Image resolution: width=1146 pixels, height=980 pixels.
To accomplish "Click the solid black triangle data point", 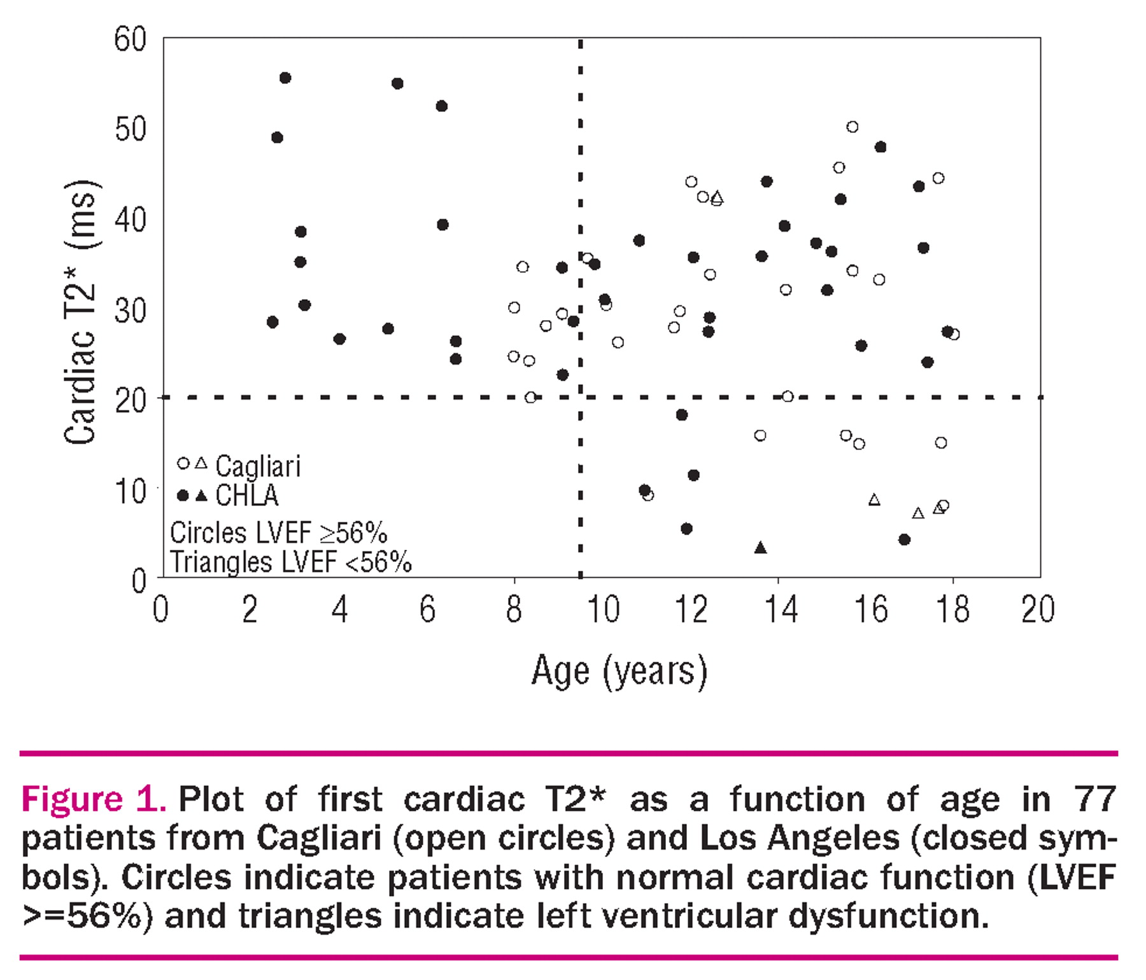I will tap(760, 548).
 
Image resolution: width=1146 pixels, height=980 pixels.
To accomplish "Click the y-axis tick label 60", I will tap(131, 39).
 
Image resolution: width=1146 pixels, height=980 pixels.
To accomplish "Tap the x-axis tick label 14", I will tap(781, 609).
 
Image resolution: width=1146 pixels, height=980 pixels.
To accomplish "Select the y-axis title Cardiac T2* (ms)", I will tap(81, 311).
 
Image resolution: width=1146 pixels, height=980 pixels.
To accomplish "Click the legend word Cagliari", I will tap(258, 466).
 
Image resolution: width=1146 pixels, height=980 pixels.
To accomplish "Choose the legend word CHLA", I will tap(247, 496).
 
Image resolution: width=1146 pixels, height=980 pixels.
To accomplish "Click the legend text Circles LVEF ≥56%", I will tap(278, 533).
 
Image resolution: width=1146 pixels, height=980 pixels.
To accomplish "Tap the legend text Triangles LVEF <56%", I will tap(290, 563).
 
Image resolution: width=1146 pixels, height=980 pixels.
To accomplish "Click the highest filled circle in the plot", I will tap(285, 78).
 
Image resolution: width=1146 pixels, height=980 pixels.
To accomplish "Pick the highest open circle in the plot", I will tap(852, 127).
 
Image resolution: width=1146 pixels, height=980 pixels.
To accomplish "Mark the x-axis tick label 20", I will tap(1038, 609).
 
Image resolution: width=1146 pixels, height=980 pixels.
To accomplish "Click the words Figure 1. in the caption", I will tap(94, 799).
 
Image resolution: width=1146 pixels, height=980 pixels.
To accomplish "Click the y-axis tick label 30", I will tap(131, 311).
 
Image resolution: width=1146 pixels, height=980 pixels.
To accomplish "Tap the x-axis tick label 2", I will tap(250, 609).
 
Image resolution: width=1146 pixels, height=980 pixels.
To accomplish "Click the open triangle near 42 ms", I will tap(718, 198).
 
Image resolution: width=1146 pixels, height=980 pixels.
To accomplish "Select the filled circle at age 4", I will tap(339, 339).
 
